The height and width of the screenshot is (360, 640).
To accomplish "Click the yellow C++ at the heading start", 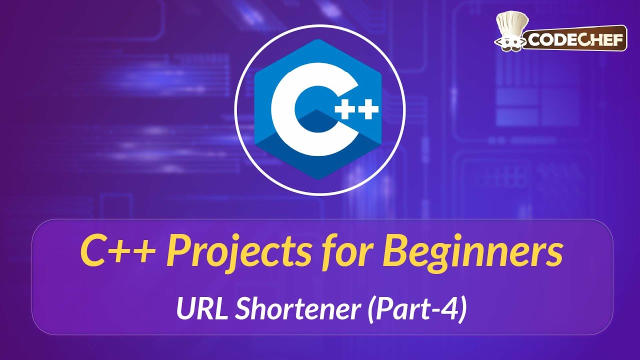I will coord(117,252).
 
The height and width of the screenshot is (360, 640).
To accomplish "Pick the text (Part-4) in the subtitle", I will coord(417,310).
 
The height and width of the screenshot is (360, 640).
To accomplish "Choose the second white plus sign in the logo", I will coord(369,111).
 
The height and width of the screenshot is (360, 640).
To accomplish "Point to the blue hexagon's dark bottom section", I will coord(320,160).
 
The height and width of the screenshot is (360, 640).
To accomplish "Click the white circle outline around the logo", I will coord(235,110).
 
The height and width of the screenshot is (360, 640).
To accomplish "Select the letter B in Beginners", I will coord(395,252).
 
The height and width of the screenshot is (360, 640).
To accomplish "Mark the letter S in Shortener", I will coord(242,310).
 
